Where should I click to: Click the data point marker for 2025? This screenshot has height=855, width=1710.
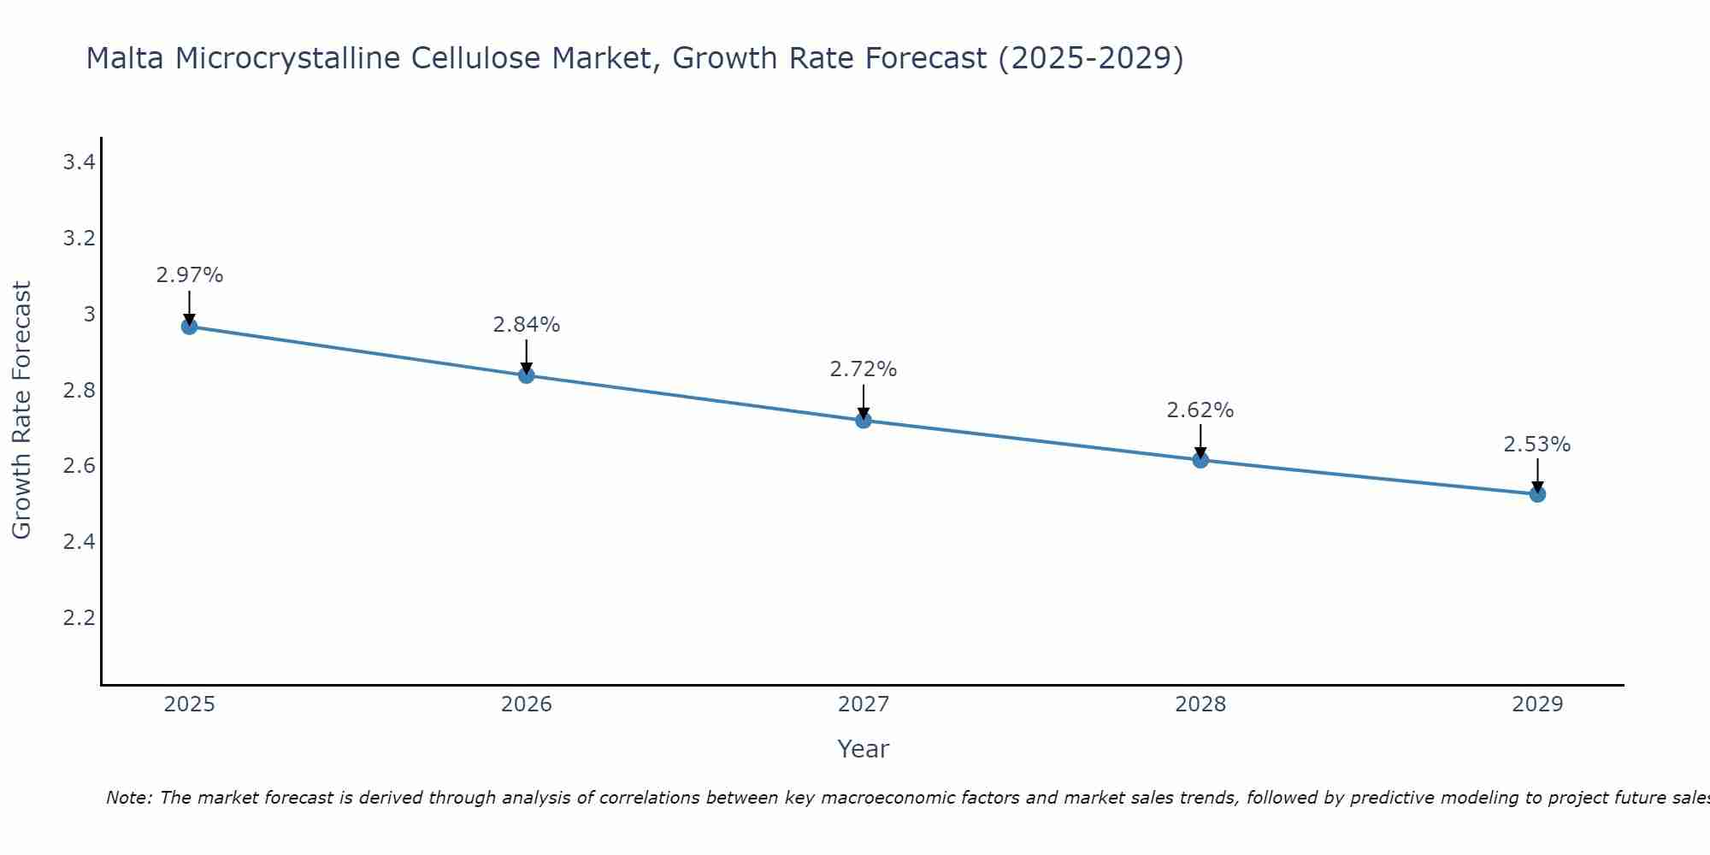[189, 327]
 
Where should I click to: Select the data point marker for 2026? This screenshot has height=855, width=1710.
[526, 375]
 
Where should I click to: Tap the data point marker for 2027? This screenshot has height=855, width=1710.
[864, 421]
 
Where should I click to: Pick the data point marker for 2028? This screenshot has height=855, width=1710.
[1200, 460]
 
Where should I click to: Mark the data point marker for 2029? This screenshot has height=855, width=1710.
[1537, 494]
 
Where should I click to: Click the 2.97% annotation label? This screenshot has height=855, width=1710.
[189, 275]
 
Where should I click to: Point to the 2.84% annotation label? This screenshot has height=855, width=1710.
[526, 325]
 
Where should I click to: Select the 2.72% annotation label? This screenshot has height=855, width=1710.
[864, 369]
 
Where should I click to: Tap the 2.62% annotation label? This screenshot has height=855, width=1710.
[1200, 410]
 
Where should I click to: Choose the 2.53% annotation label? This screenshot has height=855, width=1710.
[1537, 445]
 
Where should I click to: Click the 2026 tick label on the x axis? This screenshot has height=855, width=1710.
[526, 705]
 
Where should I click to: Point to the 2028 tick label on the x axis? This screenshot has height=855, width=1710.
[1200, 705]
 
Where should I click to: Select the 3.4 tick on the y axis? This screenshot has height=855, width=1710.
[79, 162]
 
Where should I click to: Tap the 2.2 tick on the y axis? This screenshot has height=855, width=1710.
[79, 617]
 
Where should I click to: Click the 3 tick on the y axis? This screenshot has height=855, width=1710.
[89, 315]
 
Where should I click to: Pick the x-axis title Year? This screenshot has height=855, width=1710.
[864, 749]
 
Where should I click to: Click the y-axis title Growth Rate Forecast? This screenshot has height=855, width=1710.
[21, 410]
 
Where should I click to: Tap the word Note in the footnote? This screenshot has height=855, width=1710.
[128, 798]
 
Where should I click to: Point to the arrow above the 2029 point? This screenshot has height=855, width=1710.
[1537, 475]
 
